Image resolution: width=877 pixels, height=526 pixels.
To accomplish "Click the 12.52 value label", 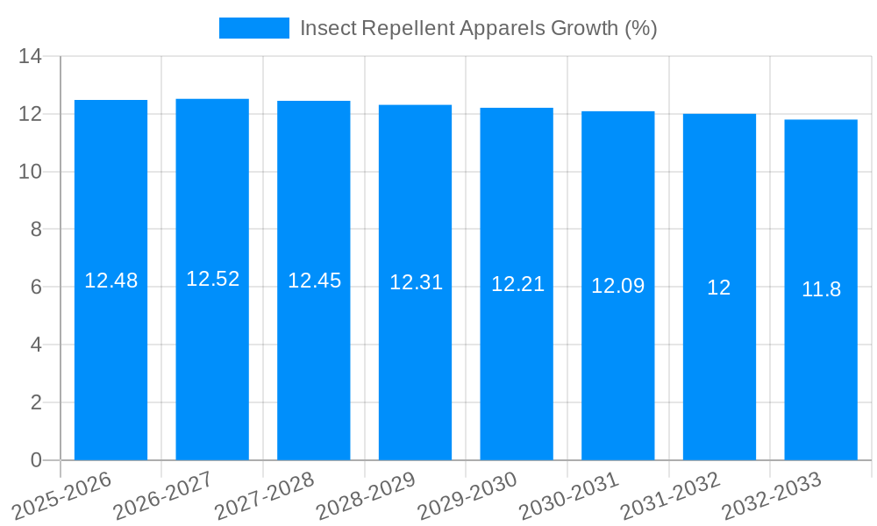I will (212, 279).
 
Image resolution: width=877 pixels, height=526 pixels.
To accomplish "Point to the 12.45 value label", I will (314, 281).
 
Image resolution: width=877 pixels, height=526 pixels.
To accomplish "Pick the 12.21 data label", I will (517, 284).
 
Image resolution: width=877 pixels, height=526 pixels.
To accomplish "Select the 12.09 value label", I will (617, 286).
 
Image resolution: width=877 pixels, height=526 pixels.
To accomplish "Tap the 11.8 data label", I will (821, 289).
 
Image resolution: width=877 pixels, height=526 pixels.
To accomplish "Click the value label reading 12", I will (719, 288).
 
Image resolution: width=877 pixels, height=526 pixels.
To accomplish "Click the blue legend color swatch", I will (253, 28).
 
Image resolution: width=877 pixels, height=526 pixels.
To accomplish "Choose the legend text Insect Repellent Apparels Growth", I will (478, 28).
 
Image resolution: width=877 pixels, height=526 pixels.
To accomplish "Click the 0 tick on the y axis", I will (36, 460).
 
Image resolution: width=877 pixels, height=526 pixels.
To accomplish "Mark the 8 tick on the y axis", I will (36, 230).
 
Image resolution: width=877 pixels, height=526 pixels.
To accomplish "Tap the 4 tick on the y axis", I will (36, 345).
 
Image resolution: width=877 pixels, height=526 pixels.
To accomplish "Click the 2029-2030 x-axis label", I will (468, 495).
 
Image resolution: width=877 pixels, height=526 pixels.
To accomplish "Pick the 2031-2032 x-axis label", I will (671, 495).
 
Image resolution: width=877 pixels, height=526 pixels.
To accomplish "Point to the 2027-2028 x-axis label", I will (266, 495).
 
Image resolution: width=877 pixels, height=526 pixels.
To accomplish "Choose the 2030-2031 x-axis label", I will (569, 495).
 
